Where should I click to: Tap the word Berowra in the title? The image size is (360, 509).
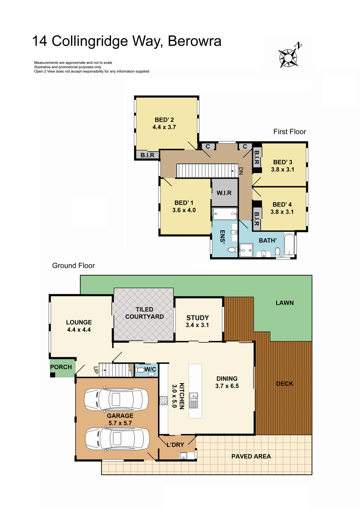[194, 41]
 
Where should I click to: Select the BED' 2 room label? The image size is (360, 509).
[164, 120]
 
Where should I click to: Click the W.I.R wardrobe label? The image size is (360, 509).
[224, 193]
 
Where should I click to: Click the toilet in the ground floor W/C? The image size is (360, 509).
[140, 370]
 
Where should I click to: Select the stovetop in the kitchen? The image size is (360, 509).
[163, 400]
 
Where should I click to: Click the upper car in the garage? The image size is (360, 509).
[116, 399]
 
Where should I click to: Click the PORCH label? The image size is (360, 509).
[61, 367]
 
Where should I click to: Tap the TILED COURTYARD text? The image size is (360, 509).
[144, 313]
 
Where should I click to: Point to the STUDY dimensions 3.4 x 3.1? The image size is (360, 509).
[197, 325]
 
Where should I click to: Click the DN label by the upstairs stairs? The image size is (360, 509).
[241, 171]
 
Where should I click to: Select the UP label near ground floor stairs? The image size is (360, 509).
[96, 370]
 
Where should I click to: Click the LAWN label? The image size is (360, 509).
[284, 303]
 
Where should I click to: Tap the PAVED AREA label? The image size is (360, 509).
[251, 456]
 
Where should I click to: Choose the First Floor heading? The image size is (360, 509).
[290, 131]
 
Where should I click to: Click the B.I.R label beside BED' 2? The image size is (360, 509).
[147, 155]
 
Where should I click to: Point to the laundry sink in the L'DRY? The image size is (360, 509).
[183, 456]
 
